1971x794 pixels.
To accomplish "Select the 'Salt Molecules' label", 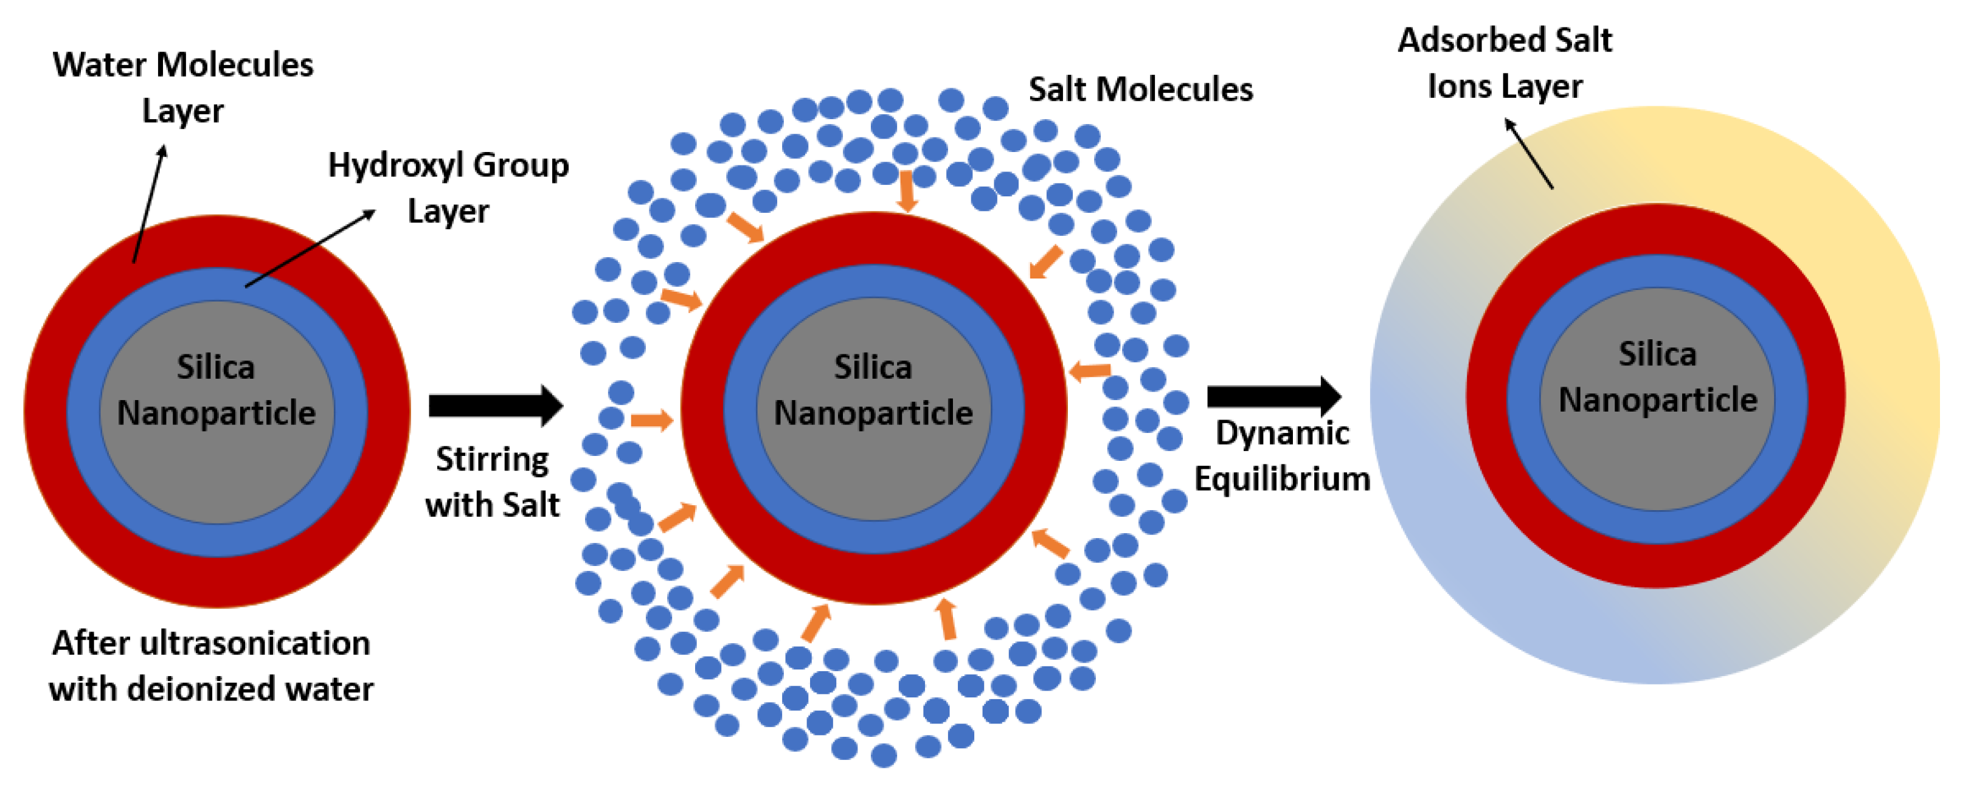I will pos(1140,89).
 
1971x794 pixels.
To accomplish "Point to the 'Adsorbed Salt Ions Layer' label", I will pos(1505,63).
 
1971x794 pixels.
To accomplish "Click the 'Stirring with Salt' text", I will pos(492,482).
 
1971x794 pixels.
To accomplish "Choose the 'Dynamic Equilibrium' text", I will pos(1283,456).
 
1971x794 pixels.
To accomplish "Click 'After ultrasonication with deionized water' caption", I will pos(211,666).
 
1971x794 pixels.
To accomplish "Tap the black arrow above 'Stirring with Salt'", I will pos(495,406).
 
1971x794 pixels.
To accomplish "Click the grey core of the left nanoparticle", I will pos(216,459).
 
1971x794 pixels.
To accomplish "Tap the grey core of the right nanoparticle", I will pos(1657,451).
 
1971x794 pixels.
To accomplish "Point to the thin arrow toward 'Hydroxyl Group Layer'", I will pos(310,249).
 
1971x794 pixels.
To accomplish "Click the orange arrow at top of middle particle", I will pos(907,192).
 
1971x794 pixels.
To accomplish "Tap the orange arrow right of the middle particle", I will pos(1089,371).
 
